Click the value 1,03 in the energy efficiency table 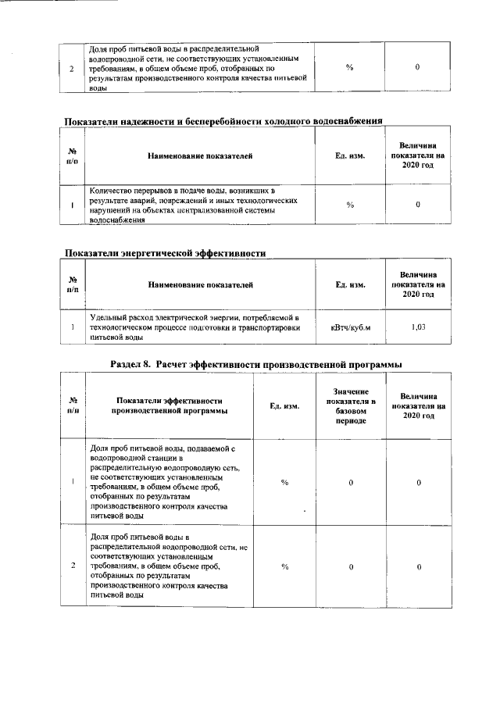coord(418,327)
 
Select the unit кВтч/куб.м coord(350,327)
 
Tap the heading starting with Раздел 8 coord(257,364)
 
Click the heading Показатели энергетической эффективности coord(165,253)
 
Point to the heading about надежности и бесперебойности coord(223,121)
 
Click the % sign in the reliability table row coord(350,205)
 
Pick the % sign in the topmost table coord(350,68)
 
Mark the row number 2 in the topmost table coord(72,68)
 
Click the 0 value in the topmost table coord(418,68)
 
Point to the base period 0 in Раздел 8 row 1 coord(351,483)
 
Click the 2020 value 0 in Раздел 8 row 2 coord(418,566)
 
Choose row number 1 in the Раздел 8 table coord(73,483)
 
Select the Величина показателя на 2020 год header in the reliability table coord(418,156)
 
